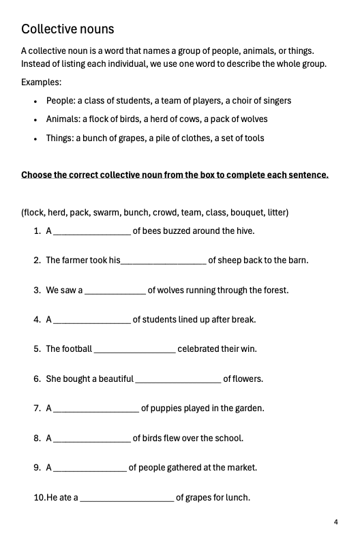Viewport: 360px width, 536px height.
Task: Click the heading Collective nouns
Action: pos(67,29)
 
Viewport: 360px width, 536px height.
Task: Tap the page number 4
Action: pos(336,522)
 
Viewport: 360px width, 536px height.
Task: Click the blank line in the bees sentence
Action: pos(91,232)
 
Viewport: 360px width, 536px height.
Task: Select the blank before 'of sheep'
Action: pos(163,261)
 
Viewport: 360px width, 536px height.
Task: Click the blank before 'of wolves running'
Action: pos(114,291)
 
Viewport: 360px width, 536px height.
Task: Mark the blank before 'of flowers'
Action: pos(178,380)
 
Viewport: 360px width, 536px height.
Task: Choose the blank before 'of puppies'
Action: pos(95,410)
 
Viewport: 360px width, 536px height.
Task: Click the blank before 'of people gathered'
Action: pos(89,469)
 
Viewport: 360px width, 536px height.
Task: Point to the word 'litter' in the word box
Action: pos(276,213)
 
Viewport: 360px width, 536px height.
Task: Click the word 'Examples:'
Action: pos(41,82)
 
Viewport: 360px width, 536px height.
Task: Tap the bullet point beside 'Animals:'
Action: pos(35,120)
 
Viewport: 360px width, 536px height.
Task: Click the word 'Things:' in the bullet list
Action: pos(60,138)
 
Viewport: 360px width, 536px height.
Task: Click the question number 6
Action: pos(37,379)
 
